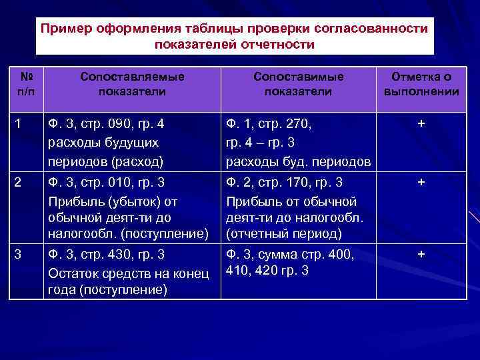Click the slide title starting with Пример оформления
234,37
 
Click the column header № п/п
25,84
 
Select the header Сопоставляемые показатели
132,84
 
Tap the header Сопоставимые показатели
298,84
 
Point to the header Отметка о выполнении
421,84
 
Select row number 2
18,181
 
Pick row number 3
18,254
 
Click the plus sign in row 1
421,123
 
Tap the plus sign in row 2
421,182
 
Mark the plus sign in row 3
421,254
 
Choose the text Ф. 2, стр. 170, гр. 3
285,182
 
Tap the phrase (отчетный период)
284,234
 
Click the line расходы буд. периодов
298,161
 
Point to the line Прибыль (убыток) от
113,201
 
